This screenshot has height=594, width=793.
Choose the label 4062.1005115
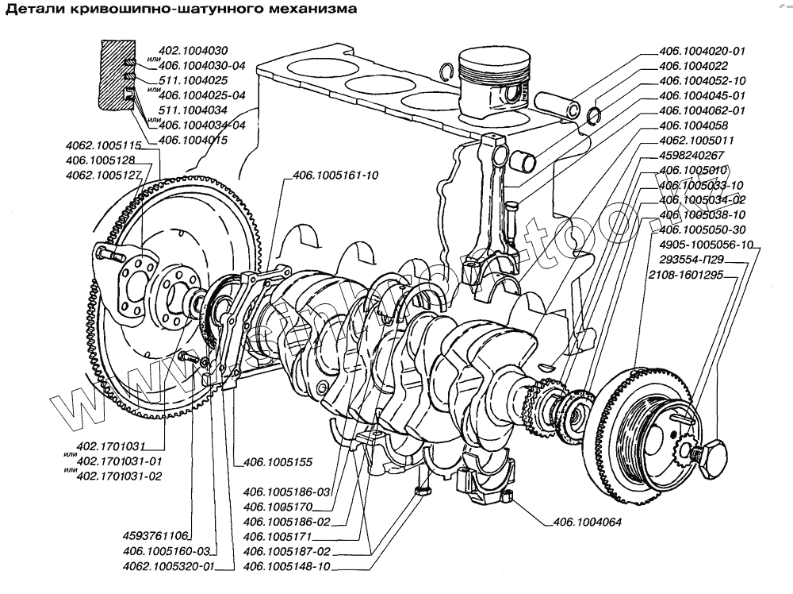[104, 145]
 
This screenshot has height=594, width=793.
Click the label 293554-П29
[688, 259]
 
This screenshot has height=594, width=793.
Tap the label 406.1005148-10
[287, 566]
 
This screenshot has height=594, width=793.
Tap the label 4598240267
[692, 155]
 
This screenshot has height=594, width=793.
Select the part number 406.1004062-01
[703, 110]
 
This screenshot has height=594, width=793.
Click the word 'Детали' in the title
[36, 10]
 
